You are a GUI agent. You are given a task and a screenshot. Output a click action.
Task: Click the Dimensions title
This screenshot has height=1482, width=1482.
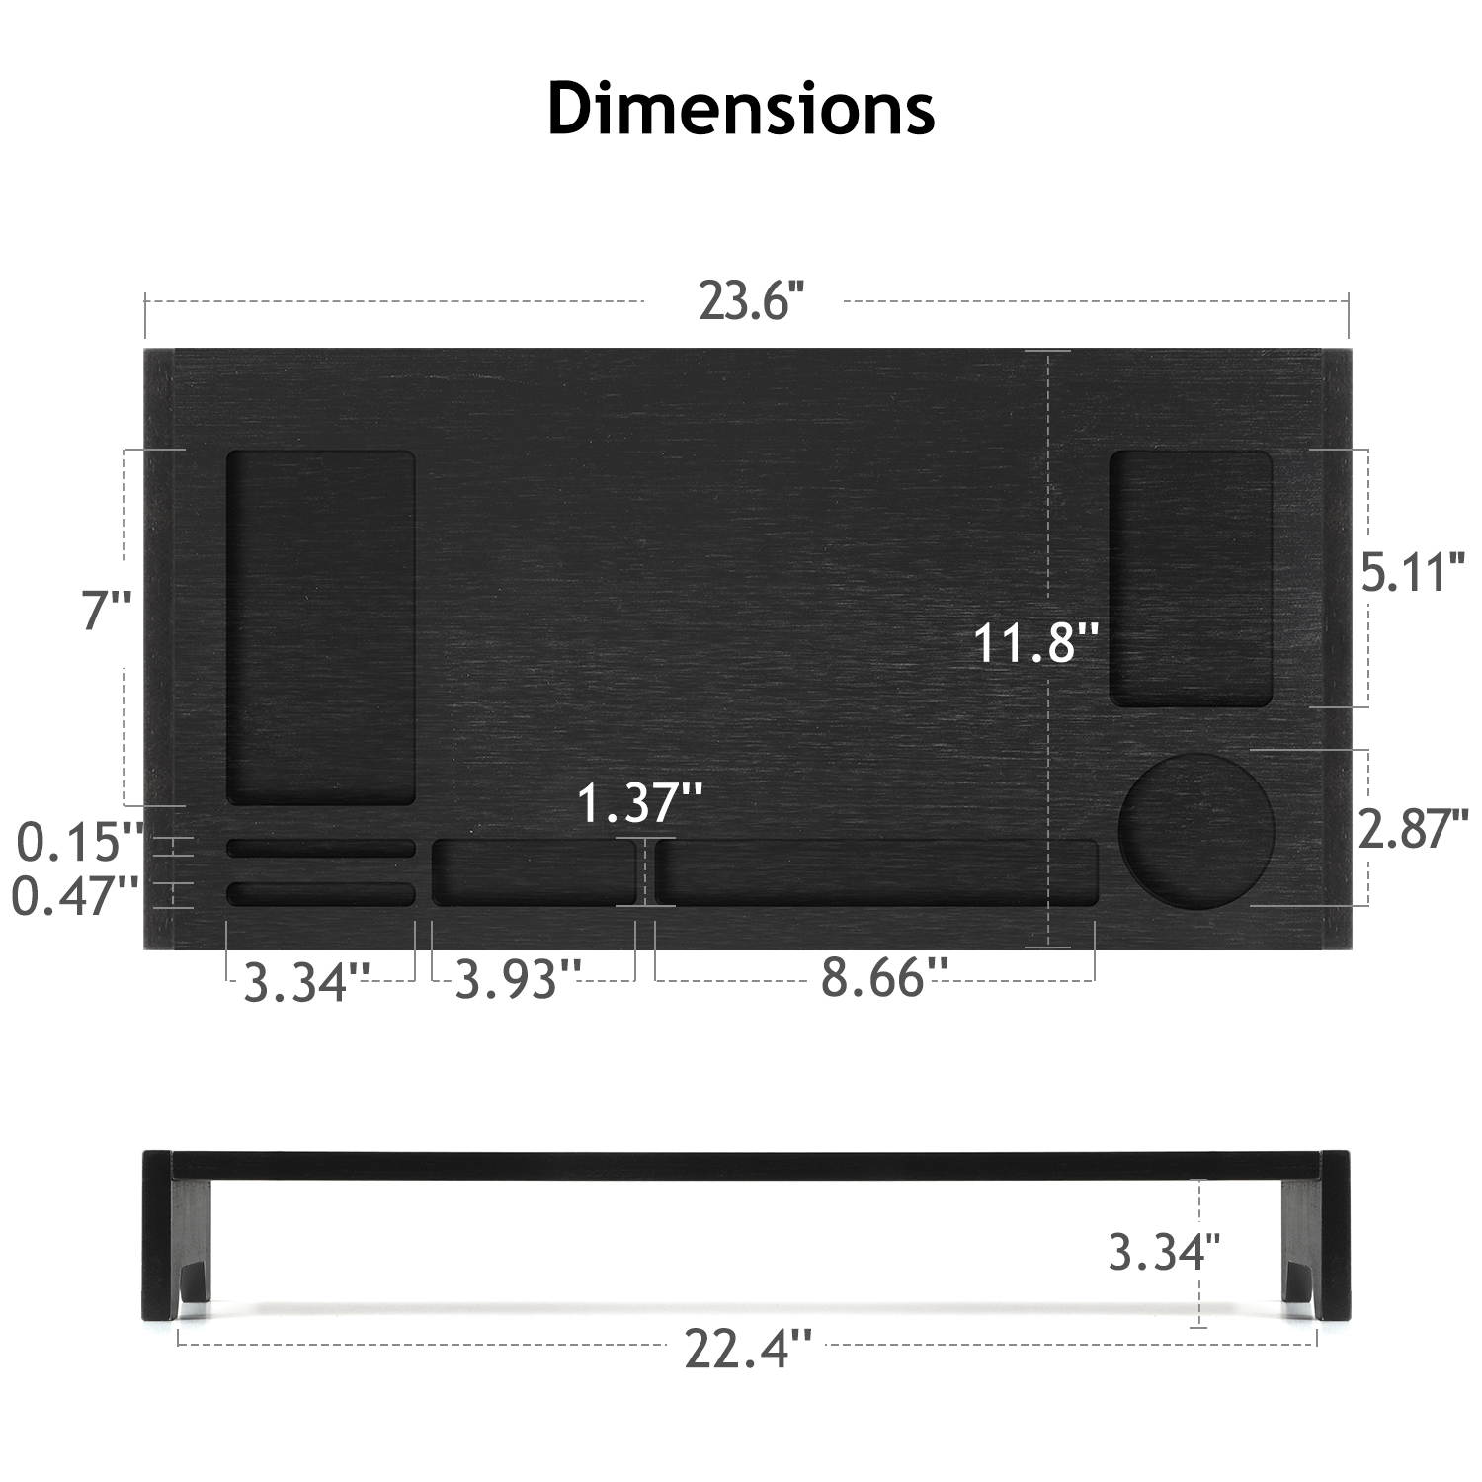click(x=741, y=109)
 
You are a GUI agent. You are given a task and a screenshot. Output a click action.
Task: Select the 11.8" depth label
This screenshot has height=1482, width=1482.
click(x=1036, y=642)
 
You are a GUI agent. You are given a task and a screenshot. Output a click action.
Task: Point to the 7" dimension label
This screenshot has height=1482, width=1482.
click(x=106, y=610)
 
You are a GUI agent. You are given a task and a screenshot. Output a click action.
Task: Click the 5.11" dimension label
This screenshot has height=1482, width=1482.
click(x=1412, y=573)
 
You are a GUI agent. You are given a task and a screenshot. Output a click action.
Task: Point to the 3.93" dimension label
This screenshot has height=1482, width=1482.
click(x=518, y=980)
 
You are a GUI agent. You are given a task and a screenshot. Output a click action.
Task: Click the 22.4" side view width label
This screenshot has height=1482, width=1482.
click(x=748, y=1349)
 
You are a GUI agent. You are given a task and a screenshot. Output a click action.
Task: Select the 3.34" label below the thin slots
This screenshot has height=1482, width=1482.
click(x=307, y=982)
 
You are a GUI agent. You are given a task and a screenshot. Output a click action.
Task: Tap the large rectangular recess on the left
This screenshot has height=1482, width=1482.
click(x=321, y=627)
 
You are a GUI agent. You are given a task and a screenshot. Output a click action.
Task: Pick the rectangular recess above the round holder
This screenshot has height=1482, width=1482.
click(x=1191, y=579)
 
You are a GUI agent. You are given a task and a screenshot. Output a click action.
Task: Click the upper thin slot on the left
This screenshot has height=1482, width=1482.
click(x=321, y=848)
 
